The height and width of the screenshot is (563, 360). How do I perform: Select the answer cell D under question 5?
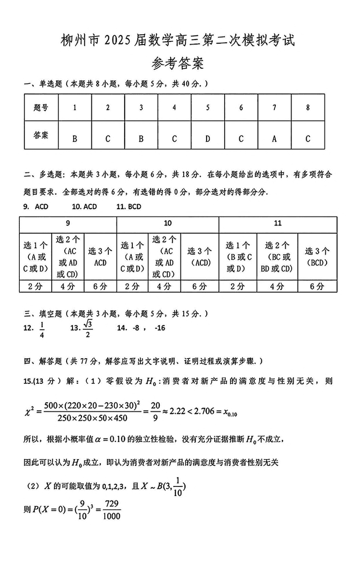207,139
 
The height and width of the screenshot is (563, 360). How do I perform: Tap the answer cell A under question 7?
274,139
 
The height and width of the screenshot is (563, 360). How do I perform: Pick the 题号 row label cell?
41,108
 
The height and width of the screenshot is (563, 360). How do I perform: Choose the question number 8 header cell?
307,108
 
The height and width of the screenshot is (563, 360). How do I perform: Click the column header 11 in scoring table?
278,224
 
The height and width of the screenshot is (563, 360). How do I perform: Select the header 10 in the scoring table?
167,224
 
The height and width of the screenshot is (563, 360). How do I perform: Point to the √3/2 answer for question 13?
88,328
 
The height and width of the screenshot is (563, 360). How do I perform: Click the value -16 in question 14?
159,328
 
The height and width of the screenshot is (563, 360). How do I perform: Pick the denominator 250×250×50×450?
93,418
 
